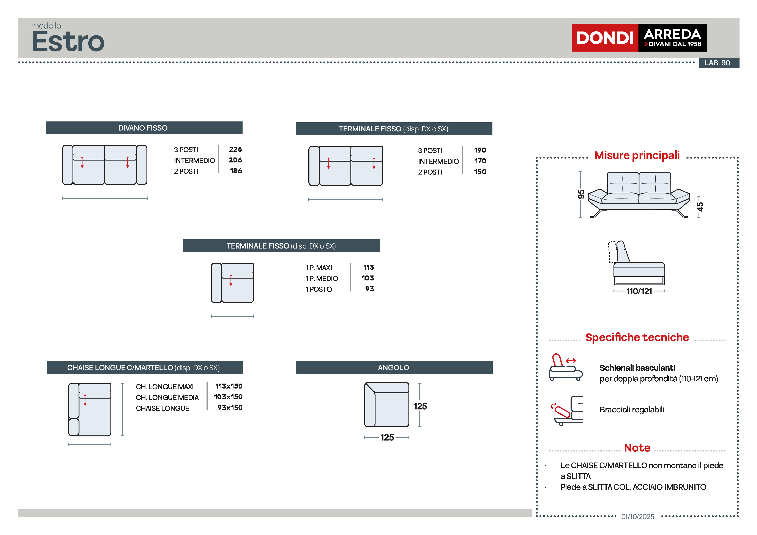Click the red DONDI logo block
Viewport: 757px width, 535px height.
[x=604, y=38]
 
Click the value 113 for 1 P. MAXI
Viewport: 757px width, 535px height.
[x=368, y=267]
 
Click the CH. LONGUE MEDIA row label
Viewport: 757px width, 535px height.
[x=167, y=398]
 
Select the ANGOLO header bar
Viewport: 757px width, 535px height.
[x=394, y=368]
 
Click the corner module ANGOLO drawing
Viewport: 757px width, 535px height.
[x=386, y=404]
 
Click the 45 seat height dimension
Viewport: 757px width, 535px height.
[x=700, y=207]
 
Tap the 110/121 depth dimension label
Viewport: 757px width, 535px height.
[x=639, y=291]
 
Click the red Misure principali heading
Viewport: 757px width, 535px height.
[x=637, y=155]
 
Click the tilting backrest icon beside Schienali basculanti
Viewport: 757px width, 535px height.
[x=565, y=367]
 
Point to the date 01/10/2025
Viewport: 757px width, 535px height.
[x=638, y=516]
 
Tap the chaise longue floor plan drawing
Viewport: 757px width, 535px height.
[x=90, y=409]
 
